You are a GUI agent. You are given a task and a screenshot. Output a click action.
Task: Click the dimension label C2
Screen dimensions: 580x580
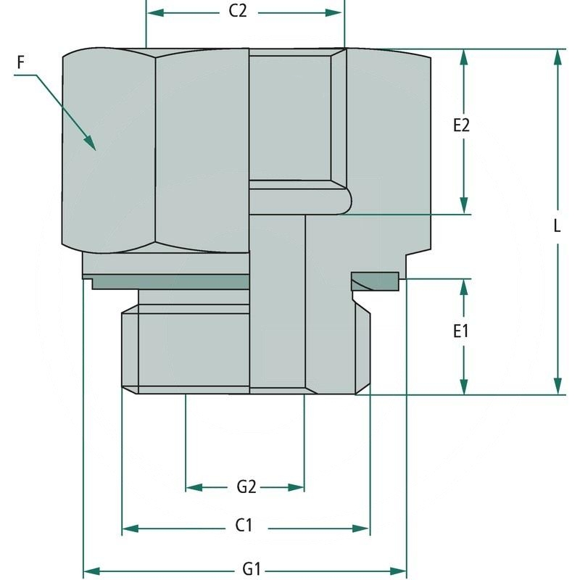point(244,13)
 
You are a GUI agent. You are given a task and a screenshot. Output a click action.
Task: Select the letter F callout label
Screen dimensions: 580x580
point(22,63)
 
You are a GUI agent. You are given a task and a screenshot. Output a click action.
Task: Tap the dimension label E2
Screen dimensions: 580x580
point(462,125)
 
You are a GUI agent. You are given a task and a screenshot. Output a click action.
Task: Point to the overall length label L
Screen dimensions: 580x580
point(557,225)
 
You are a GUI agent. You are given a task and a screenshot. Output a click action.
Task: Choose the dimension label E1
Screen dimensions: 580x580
point(462,332)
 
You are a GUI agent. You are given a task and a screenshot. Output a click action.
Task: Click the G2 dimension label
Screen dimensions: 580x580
point(246,487)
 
